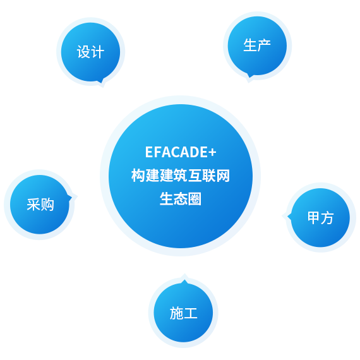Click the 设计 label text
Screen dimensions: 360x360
(90, 52)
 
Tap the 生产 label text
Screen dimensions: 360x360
(257, 45)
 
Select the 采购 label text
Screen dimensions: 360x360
(40, 205)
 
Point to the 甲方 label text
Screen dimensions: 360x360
(320, 218)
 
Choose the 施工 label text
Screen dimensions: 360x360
(183, 313)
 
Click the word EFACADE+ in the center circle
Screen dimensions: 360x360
(181, 152)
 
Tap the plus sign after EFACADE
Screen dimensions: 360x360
(213, 152)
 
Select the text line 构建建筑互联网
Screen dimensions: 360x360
(181, 176)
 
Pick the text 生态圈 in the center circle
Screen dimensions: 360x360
(181, 199)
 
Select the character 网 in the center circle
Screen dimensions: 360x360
(223, 176)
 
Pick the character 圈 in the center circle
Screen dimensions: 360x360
(195, 199)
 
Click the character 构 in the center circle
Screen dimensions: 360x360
(138, 176)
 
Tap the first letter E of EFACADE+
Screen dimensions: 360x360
(149, 152)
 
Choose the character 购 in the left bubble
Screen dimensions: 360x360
(47, 205)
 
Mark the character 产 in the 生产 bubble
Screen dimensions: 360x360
(264, 45)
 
